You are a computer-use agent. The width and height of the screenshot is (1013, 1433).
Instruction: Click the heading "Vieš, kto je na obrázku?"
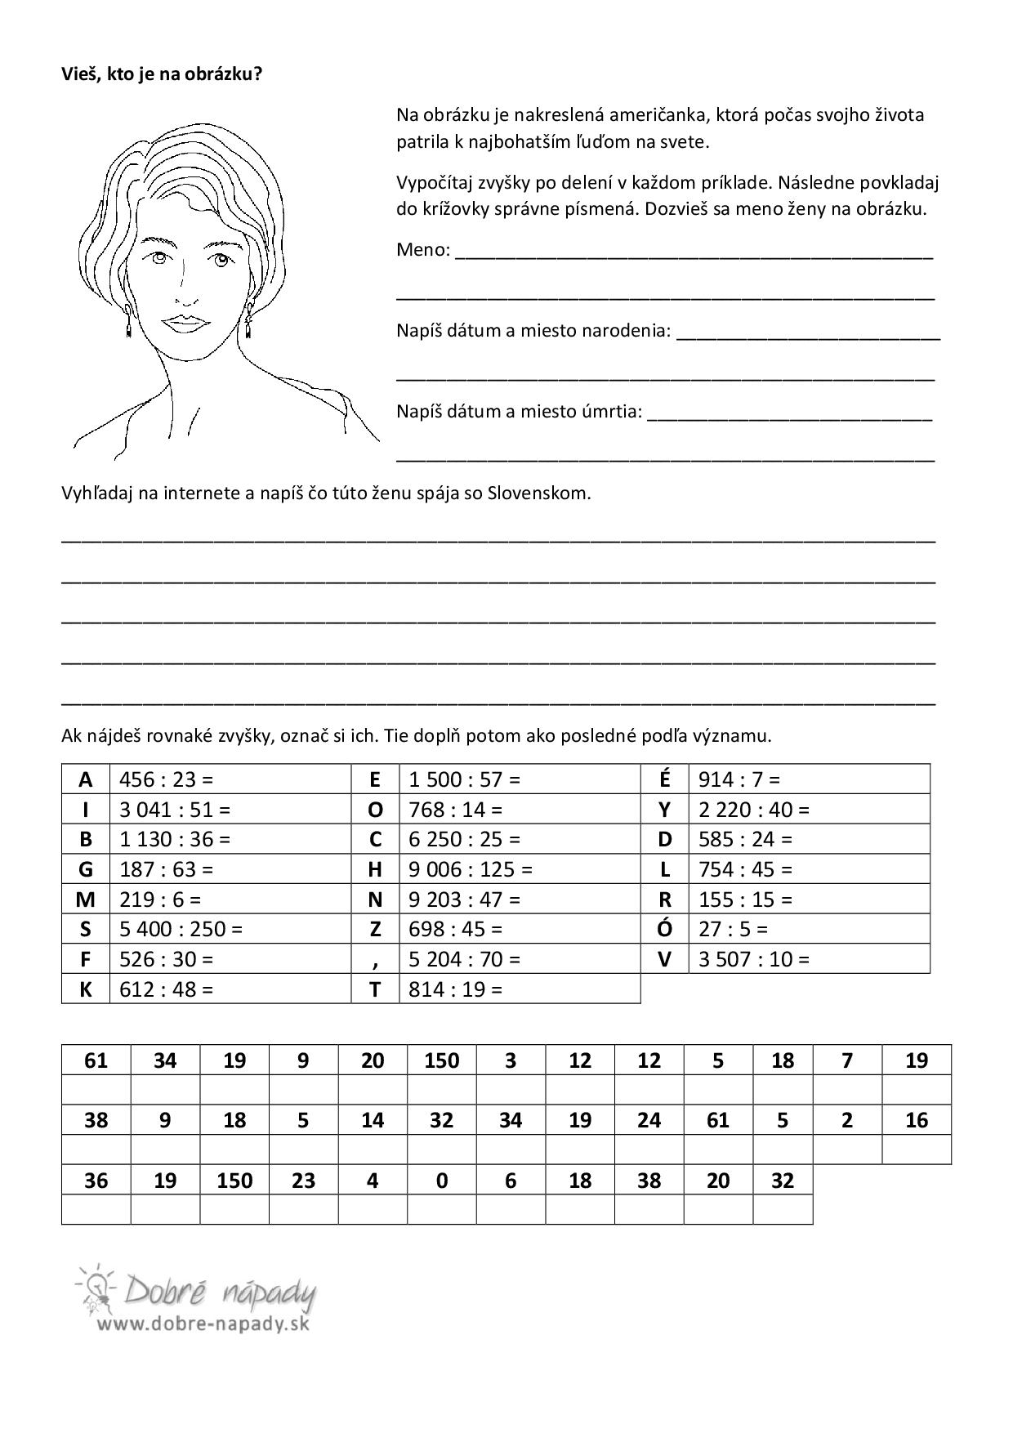coord(162,74)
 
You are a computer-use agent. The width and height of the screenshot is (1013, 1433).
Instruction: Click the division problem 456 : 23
coord(166,779)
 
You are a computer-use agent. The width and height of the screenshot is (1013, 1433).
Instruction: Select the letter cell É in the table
coord(664,779)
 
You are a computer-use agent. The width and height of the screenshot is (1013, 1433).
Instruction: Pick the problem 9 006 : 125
coord(470,869)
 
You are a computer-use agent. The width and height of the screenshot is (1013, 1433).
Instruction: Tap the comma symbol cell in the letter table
coord(375,959)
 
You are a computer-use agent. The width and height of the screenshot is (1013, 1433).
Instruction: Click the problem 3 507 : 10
coord(753,959)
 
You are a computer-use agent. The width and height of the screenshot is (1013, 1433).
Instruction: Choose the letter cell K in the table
coord(86,989)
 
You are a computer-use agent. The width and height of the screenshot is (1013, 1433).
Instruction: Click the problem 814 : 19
coord(456,989)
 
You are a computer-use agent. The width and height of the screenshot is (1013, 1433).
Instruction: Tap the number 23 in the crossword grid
coord(303,1181)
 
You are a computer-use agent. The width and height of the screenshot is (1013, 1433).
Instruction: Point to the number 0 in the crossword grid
coord(441,1181)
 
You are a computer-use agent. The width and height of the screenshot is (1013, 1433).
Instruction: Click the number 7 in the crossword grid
coord(847,1060)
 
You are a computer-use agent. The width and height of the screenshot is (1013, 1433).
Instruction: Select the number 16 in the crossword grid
coord(917,1120)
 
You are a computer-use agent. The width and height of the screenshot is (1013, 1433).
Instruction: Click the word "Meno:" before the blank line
coord(423,249)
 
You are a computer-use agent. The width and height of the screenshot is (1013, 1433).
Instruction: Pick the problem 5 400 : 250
coord(181,929)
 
